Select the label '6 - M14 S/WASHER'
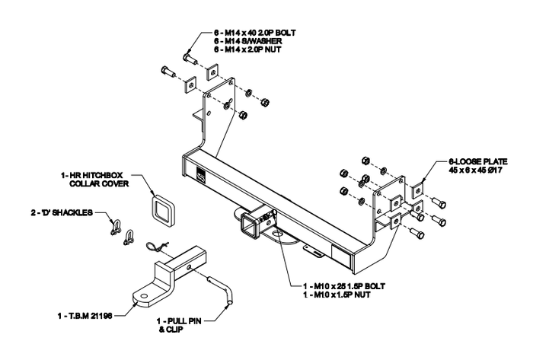click(x=245, y=41)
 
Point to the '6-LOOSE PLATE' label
click(x=461, y=161)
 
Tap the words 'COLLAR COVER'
click(x=100, y=184)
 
